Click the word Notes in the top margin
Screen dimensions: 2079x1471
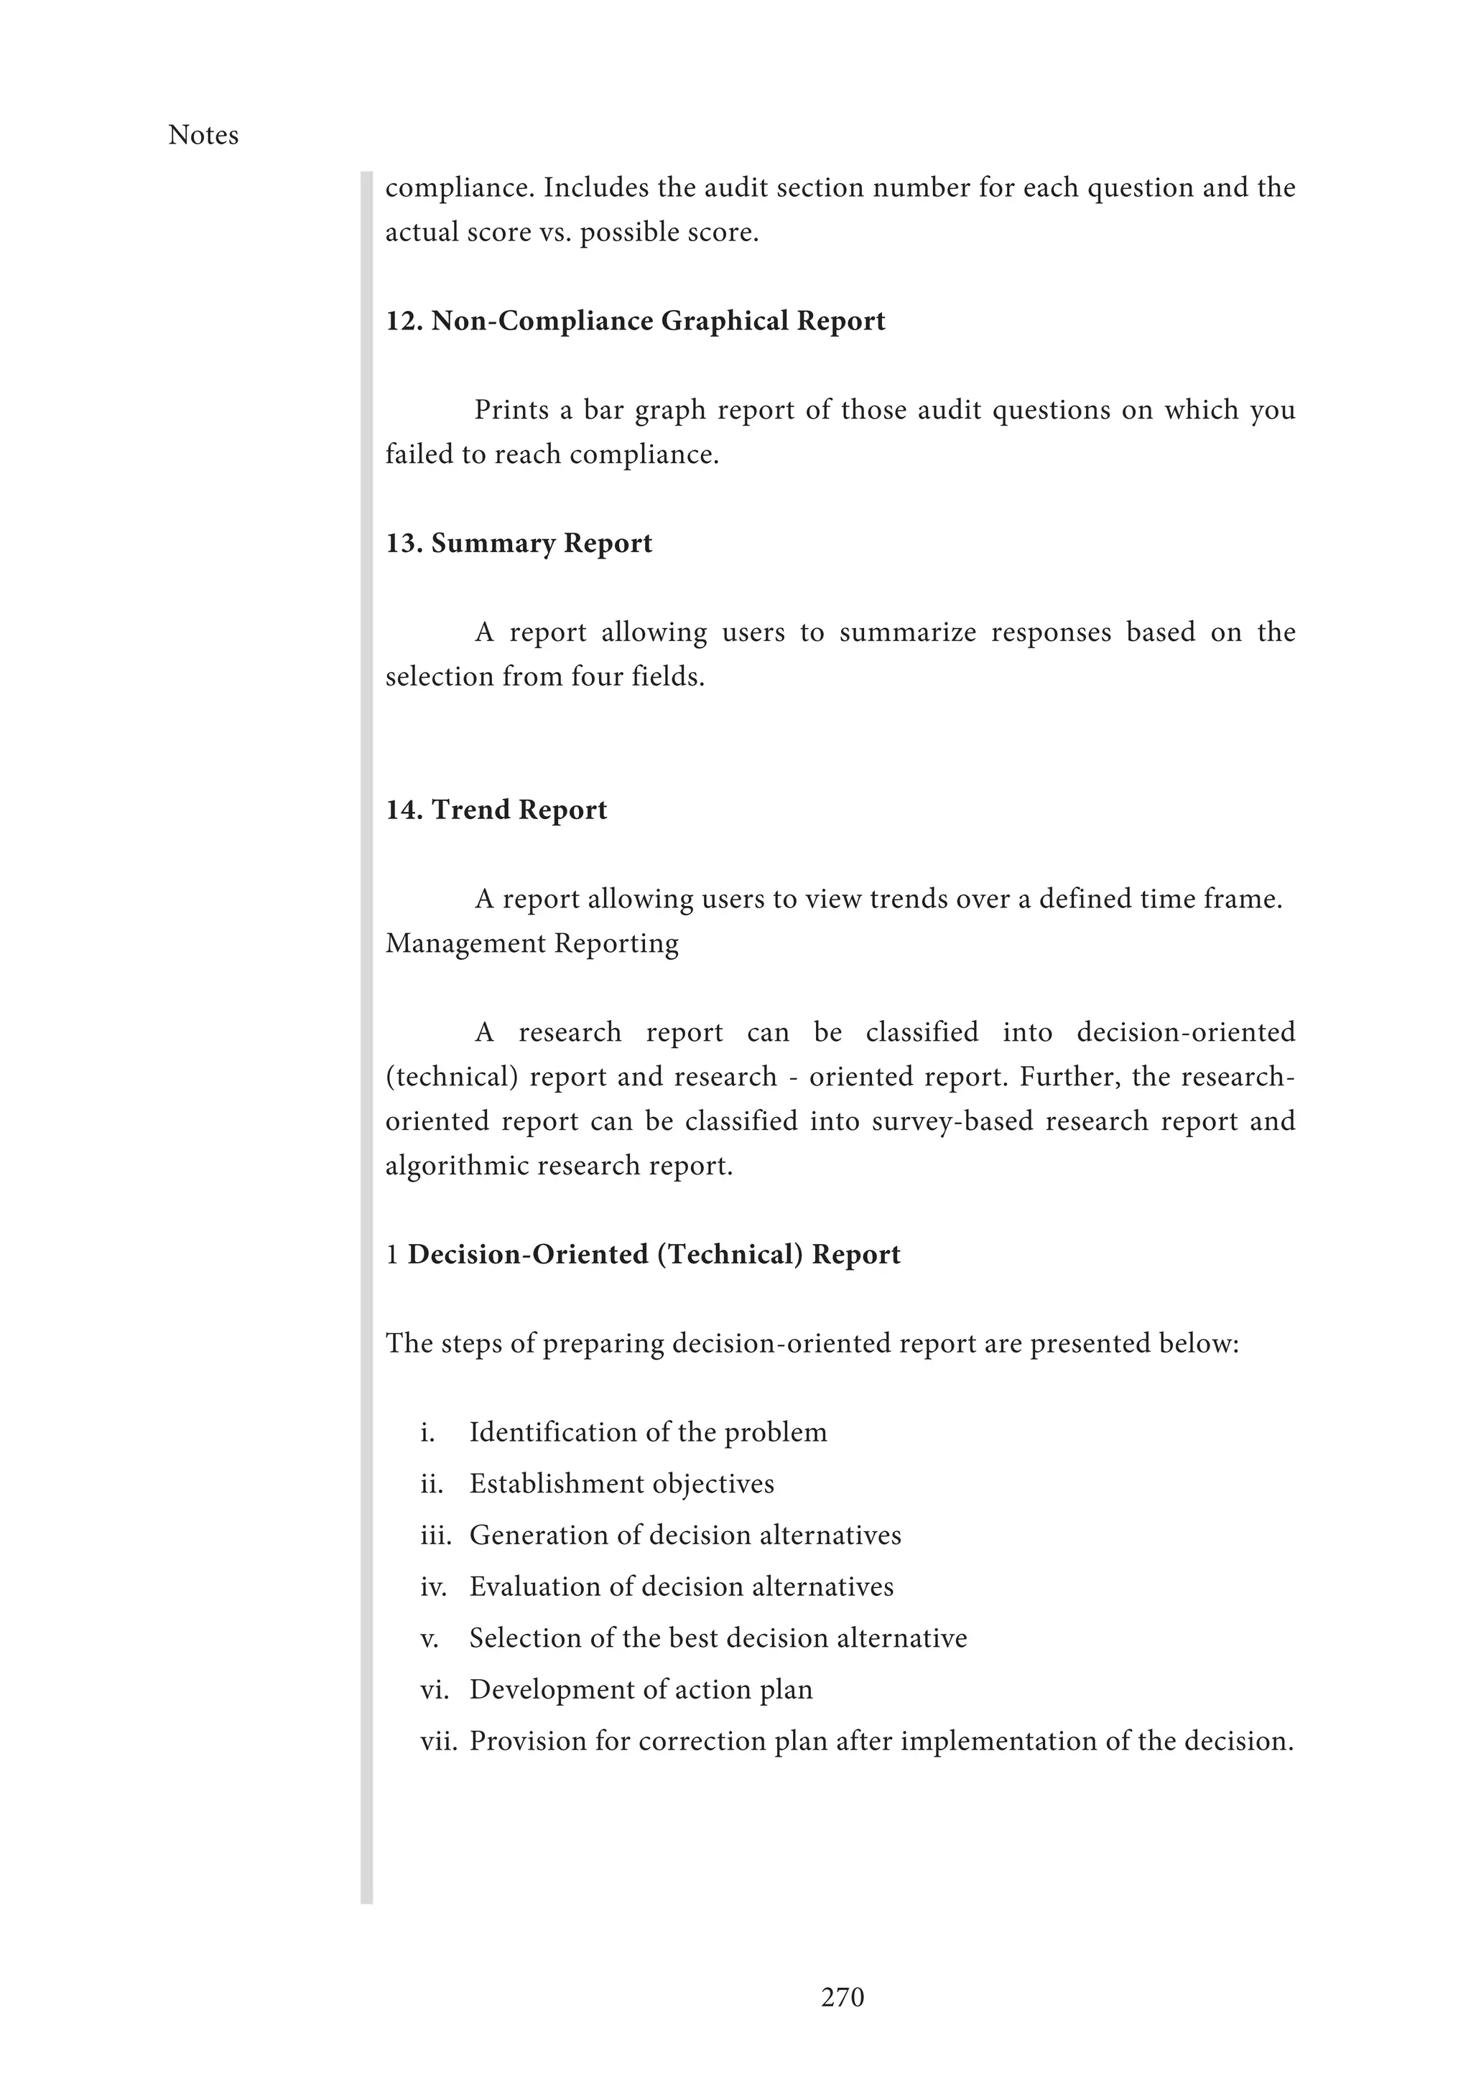tap(203, 135)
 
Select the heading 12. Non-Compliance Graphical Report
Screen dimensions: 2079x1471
tap(635, 321)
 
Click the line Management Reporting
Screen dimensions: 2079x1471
tap(532, 943)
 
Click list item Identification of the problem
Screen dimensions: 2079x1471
tap(648, 1431)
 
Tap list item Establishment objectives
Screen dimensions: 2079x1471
tap(621, 1483)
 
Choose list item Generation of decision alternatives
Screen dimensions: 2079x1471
tap(685, 1535)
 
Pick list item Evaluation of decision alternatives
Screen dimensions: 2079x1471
tap(681, 1587)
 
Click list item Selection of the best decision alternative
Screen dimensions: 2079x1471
tap(718, 1638)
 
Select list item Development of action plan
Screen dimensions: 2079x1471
tap(641, 1690)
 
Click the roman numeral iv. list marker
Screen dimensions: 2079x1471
tap(433, 1587)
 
